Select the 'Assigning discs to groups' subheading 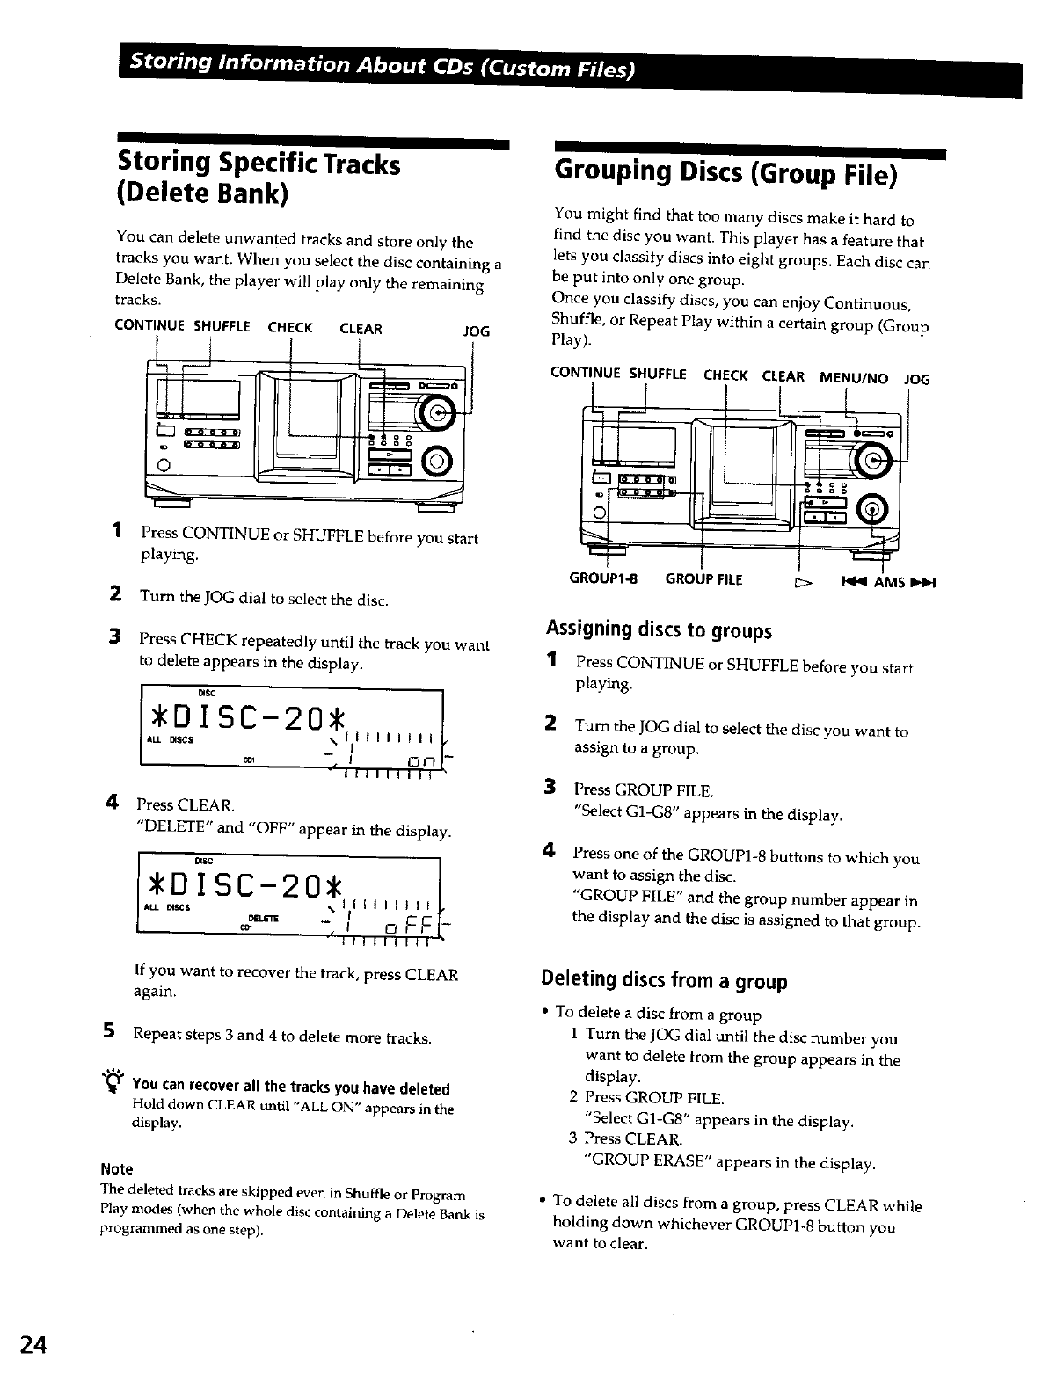658,629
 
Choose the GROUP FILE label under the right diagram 703,579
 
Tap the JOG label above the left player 476,331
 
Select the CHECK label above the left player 290,328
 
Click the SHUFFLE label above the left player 222,327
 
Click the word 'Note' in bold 117,1169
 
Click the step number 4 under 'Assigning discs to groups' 550,852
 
